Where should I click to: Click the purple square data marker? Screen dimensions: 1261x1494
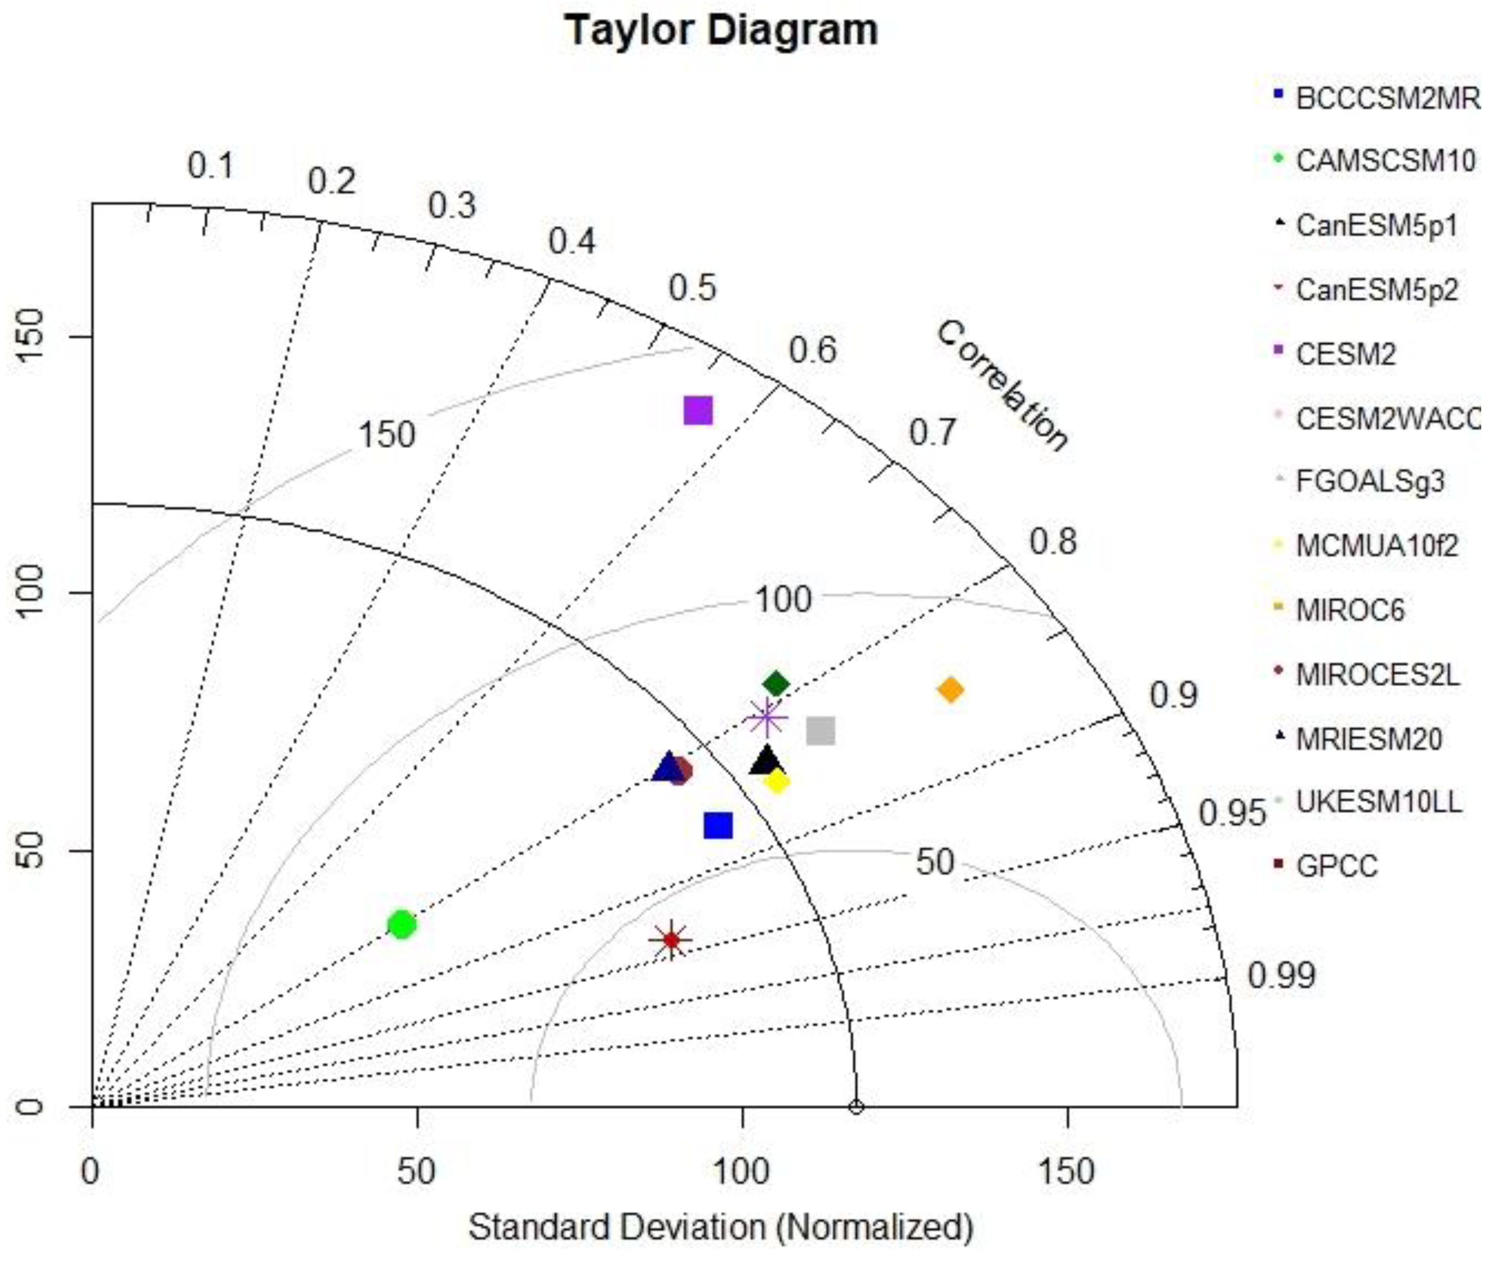(698, 410)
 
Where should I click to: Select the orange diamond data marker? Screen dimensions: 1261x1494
(950, 690)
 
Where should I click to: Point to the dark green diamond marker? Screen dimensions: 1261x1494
(777, 684)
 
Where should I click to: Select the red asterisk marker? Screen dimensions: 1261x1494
(671, 940)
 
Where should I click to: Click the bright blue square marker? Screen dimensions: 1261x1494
(718, 826)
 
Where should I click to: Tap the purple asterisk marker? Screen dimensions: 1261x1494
(766, 718)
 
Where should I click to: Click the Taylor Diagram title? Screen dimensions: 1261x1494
(721, 31)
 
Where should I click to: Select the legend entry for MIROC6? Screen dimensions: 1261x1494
(1350, 610)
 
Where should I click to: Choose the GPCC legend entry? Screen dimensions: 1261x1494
(1336, 866)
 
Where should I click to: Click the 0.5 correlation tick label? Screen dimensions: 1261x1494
(692, 288)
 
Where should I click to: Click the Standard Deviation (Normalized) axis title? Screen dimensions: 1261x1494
(721, 1227)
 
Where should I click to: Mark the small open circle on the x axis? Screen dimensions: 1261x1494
(856, 1107)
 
